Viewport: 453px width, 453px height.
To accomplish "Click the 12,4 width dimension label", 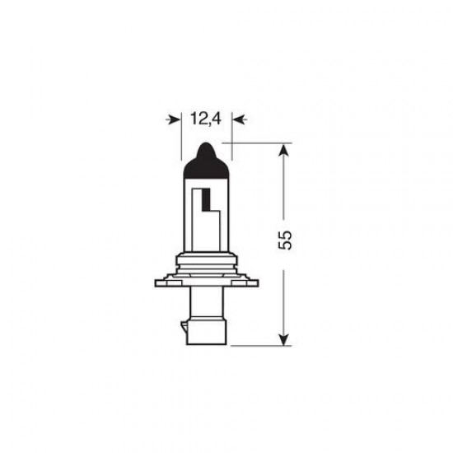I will click(x=206, y=119).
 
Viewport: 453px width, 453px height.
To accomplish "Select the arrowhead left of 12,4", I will click(x=174, y=120).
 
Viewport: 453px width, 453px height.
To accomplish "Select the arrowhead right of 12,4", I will click(x=238, y=120).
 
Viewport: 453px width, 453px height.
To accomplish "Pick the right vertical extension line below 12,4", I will click(x=231, y=140).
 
